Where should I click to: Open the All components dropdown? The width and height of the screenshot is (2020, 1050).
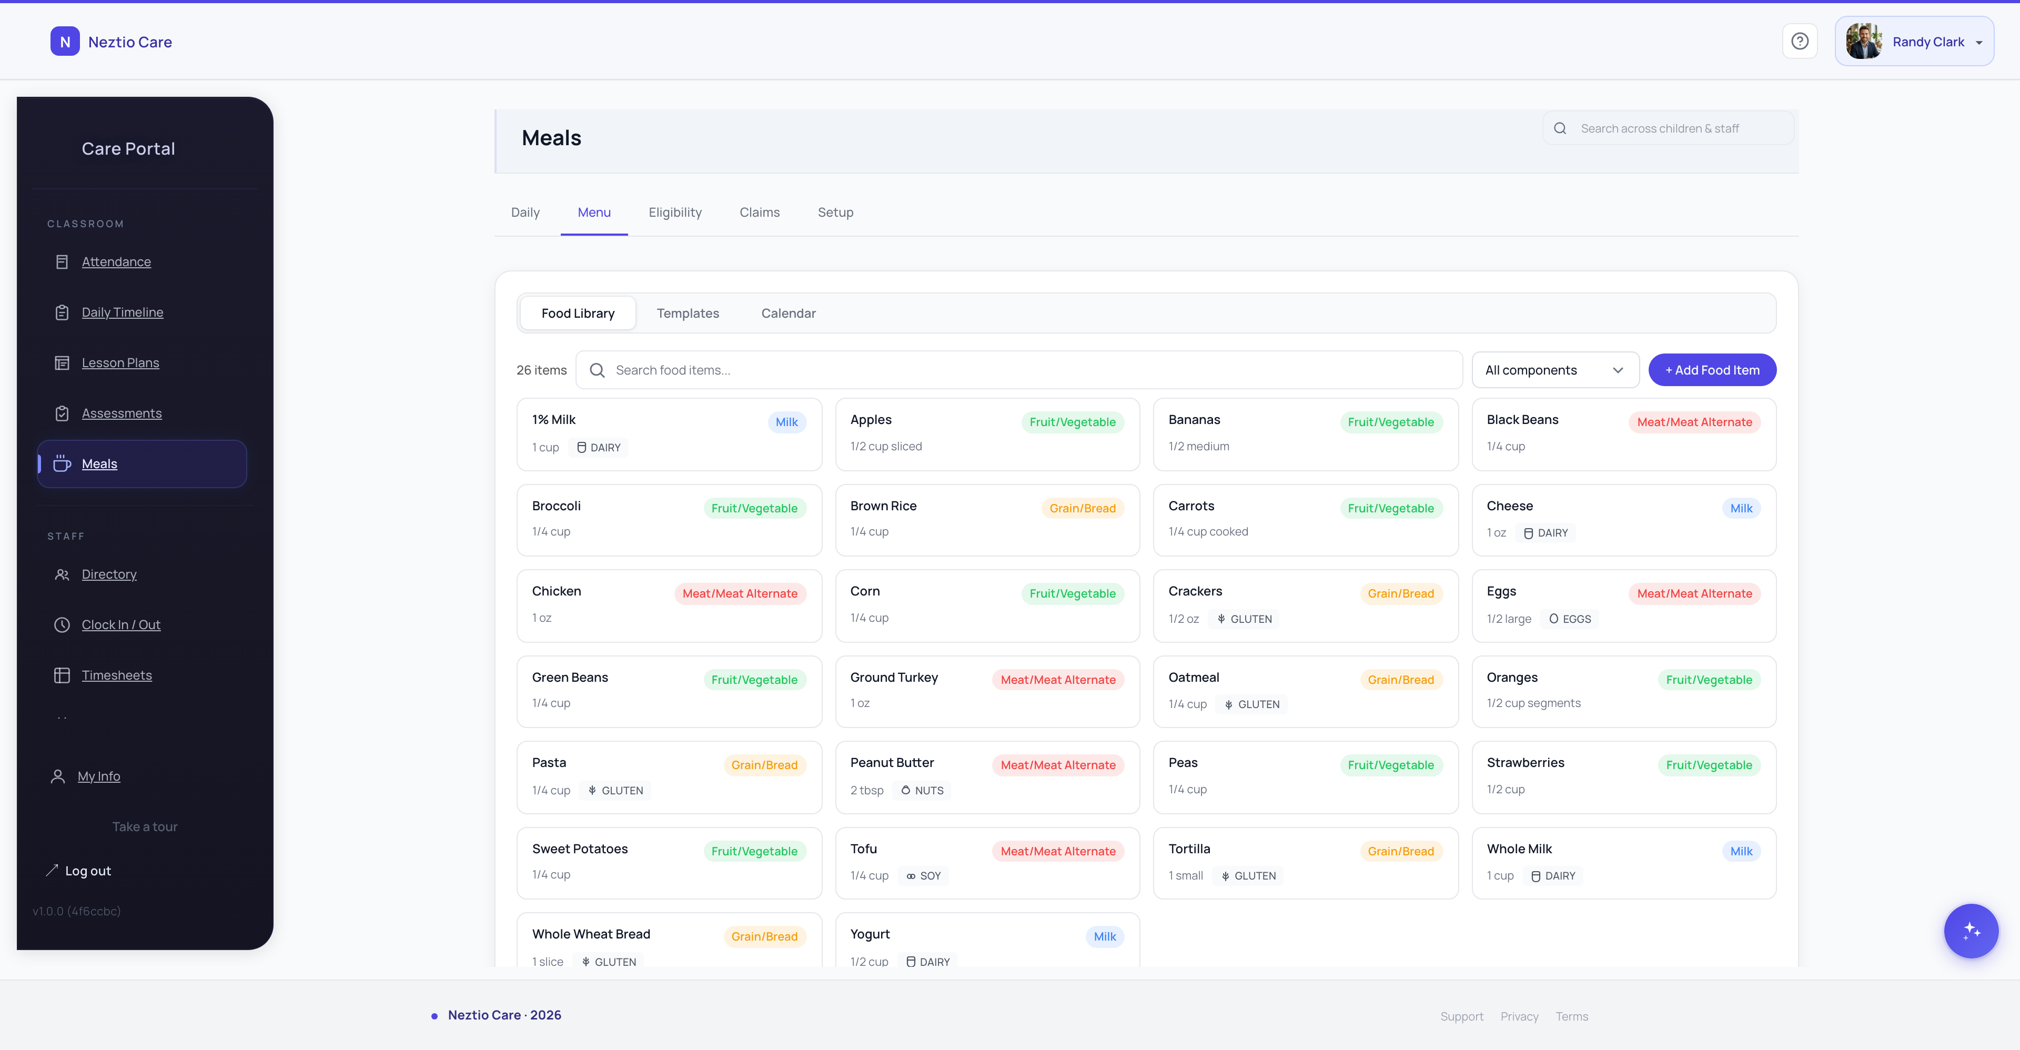1554,370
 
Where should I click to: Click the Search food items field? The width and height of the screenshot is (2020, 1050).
1019,370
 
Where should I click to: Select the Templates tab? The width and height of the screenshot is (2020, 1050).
688,314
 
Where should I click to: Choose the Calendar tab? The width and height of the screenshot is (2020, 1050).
788,314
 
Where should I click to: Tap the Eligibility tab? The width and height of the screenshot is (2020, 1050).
674,213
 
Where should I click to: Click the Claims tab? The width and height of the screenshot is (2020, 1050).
759,213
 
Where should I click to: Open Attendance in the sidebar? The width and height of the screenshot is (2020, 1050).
116,262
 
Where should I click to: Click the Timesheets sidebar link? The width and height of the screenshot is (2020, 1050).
116,675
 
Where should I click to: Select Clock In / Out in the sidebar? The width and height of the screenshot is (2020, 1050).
121,625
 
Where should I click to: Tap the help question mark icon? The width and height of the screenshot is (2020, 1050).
1800,42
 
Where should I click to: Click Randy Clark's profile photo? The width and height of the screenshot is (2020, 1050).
1863,42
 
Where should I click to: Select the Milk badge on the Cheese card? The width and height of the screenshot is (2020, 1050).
1741,508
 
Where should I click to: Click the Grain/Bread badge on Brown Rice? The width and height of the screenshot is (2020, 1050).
1082,508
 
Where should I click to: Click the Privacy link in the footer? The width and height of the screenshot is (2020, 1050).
1519,1016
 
